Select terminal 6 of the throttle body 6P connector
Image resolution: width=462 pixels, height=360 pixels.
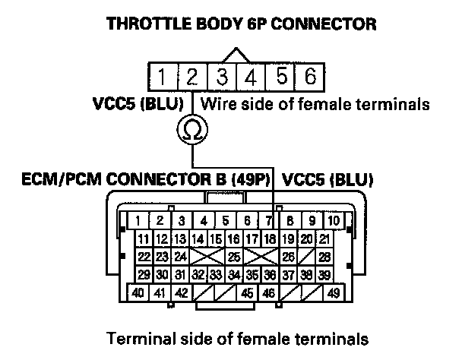(310, 76)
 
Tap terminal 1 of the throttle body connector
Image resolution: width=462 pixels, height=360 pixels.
(163, 76)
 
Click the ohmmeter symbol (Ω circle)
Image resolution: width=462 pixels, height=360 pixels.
(192, 131)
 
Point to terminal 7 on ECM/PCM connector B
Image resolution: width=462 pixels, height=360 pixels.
(270, 222)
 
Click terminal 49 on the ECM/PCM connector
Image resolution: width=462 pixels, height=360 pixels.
(334, 293)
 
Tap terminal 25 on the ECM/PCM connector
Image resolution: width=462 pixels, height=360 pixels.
(235, 257)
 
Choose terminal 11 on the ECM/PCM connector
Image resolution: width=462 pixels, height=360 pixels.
(143, 239)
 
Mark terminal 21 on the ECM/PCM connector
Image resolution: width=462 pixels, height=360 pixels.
(324, 239)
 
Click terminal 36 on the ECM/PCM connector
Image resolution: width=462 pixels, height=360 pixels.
(271, 274)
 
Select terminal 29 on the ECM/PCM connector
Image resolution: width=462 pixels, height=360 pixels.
(143, 274)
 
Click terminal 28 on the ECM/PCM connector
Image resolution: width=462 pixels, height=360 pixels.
(325, 257)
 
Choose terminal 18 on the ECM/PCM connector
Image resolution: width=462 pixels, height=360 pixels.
(271, 239)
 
